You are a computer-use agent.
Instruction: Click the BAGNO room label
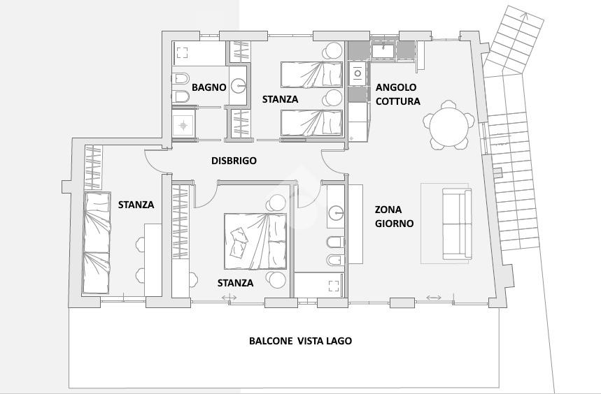[209, 87]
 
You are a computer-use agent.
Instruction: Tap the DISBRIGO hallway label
[234, 161]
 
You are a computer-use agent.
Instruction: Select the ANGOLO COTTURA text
[398, 94]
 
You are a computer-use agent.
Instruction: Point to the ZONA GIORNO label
[394, 217]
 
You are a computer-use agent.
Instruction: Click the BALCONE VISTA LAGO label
[301, 341]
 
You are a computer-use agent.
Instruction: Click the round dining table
[449, 125]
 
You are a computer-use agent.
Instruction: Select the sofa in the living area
[457, 224]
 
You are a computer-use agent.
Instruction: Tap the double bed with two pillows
[255, 241]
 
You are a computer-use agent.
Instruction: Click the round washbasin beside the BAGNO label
[239, 85]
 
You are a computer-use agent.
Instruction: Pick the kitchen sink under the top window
[383, 51]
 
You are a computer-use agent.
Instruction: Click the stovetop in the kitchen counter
[358, 73]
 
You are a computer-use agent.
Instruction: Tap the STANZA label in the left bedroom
[136, 205]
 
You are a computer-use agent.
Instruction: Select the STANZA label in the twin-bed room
[280, 99]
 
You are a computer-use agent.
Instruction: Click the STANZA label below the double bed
[235, 283]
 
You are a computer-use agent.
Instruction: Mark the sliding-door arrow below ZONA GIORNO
[434, 298]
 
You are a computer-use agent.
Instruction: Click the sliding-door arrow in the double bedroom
[229, 297]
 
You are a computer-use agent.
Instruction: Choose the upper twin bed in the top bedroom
[311, 74]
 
